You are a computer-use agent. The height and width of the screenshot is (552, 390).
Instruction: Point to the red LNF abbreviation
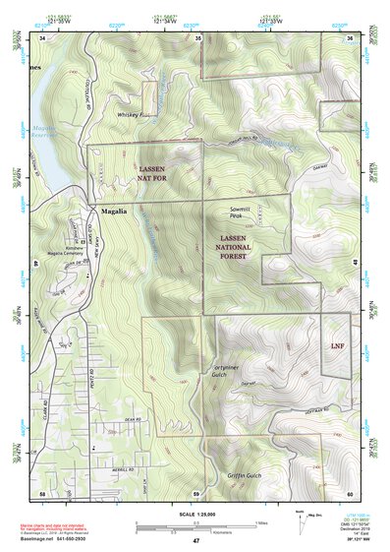click(337, 346)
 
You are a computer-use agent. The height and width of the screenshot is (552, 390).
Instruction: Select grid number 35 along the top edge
click(197, 37)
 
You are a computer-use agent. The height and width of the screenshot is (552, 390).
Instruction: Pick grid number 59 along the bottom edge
click(196, 492)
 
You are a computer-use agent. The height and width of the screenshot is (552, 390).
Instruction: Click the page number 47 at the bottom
click(195, 540)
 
